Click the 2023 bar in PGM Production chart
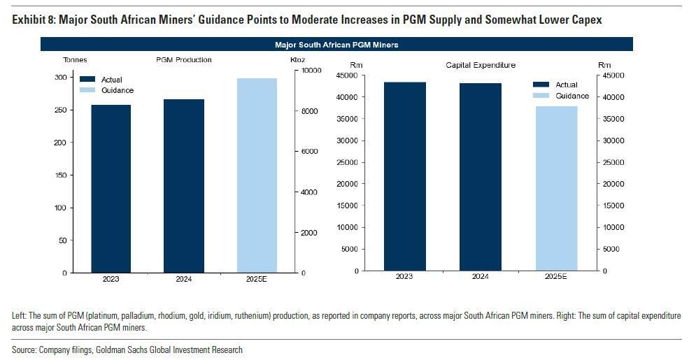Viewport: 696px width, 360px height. tap(111, 189)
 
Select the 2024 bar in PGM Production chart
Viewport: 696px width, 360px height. tap(184, 186)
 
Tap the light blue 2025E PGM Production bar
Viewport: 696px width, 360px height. tap(257, 175)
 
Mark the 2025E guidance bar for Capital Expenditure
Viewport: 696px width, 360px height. tap(556, 188)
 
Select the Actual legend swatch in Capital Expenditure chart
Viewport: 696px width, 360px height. tap(541, 85)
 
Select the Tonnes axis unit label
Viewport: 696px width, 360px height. tap(75, 60)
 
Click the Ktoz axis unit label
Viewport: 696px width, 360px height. tap(297, 60)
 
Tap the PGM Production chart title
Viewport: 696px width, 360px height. tap(183, 60)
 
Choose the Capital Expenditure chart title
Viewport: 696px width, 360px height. tap(481, 65)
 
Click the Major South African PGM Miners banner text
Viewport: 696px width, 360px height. tap(336, 45)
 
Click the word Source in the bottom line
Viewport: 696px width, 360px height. tap(26, 350)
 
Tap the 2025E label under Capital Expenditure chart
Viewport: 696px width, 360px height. tap(556, 277)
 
